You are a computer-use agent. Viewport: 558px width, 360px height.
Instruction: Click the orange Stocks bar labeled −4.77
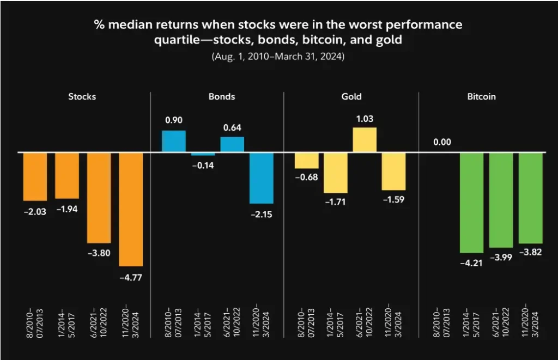131,209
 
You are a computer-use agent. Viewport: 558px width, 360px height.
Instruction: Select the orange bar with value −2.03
35,176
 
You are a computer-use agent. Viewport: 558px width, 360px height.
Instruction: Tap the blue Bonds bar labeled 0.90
174,141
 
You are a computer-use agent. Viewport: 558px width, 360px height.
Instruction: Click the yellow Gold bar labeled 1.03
365,139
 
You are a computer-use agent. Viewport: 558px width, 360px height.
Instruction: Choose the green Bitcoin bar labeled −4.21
471,203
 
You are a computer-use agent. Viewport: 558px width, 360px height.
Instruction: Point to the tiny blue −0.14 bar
203,154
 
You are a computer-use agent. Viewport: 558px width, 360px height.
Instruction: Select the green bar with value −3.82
530,198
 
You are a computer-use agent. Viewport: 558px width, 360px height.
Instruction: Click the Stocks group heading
82,97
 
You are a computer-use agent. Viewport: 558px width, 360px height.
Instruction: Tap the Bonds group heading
222,97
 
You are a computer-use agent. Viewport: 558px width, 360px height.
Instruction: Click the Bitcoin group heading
482,97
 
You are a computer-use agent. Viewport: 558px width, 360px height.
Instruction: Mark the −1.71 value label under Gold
336,202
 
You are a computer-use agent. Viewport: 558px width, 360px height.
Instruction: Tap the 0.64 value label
232,128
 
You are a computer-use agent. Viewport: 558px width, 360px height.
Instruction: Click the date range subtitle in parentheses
278,56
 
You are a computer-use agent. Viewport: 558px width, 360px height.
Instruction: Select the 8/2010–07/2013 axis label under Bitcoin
442,322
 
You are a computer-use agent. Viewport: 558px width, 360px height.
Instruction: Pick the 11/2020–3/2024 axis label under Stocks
131,322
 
